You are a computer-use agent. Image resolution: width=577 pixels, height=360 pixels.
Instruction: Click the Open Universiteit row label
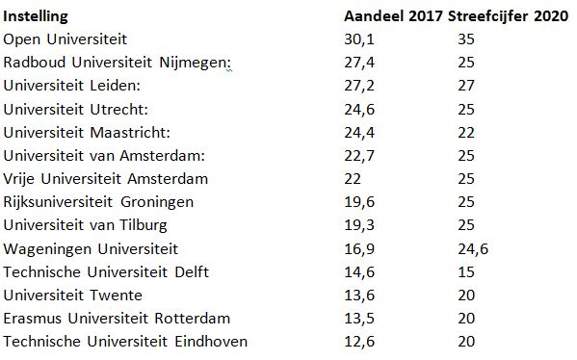click(x=79, y=39)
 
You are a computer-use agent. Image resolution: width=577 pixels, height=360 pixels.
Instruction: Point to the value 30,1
click(x=360, y=39)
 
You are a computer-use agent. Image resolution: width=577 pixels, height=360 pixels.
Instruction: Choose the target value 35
click(x=467, y=39)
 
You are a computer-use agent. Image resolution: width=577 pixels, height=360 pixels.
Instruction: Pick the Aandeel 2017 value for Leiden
click(x=360, y=86)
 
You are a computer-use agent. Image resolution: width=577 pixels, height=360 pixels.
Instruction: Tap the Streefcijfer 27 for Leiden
click(x=467, y=86)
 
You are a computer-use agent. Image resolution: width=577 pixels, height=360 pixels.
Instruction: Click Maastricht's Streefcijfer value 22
click(x=467, y=132)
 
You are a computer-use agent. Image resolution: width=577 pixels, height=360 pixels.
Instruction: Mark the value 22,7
click(x=360, y=155)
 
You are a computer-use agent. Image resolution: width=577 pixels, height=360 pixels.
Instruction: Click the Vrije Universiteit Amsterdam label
click(x=106, y=179)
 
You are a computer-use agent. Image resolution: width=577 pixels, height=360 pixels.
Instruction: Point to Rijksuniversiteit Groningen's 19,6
click(x=360, y=202)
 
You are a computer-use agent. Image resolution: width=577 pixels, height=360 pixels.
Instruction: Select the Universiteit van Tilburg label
click(x=86, y=225)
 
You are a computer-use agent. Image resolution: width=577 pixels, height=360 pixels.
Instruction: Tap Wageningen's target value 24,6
click(x=473, y=248)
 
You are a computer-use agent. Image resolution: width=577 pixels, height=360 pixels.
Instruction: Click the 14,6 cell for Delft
click(x=360, y=271)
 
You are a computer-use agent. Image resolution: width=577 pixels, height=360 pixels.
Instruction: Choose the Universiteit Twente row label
click(x=73, y=295)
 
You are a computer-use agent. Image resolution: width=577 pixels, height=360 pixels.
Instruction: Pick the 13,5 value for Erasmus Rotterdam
click(x=360, y=318)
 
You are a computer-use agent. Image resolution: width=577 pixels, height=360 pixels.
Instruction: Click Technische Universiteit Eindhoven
click(x=125, y=342)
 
